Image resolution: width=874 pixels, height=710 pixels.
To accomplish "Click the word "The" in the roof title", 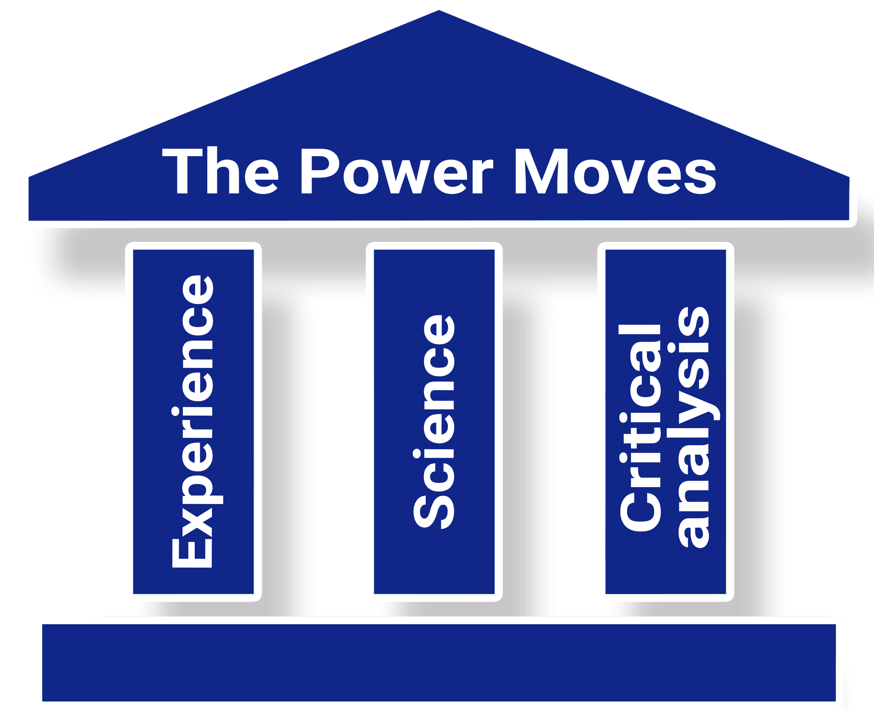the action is (221, 170).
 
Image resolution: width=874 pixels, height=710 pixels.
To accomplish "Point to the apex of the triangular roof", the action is (439, 10).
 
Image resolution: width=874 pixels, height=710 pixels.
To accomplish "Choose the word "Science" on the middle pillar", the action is (434, 422).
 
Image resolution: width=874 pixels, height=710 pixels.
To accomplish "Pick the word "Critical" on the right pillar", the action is (640, 428).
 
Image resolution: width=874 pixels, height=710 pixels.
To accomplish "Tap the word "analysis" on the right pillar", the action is (693, 428).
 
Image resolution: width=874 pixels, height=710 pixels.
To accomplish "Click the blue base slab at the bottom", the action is (439, 663).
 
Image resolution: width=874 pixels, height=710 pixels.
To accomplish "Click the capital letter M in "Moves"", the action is (541, 171).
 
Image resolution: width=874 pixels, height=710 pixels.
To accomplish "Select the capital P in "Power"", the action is (321, 171).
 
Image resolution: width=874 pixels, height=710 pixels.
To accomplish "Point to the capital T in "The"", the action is (182, 171).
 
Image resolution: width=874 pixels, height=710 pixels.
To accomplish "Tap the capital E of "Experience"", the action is (192, 553).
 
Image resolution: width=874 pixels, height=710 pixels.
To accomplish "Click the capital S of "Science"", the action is (434, 512).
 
